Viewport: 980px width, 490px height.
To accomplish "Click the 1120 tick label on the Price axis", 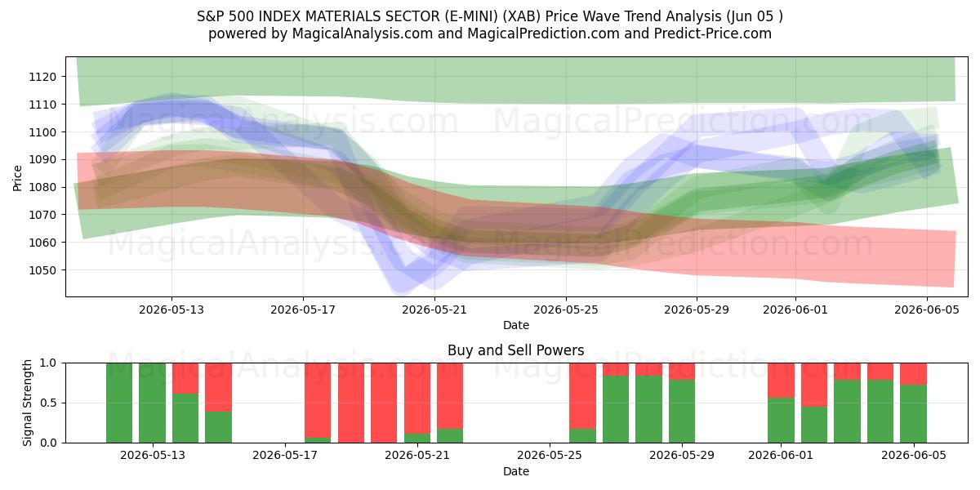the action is point(42,77).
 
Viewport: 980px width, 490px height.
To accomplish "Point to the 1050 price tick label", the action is point(42,270).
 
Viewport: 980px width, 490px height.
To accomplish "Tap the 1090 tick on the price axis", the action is point(42,160).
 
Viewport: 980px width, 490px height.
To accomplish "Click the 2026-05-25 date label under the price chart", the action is point(566,310).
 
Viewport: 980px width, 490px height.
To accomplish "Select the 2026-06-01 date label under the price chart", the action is point(795,310).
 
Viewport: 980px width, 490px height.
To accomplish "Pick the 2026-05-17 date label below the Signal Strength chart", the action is point(285,455).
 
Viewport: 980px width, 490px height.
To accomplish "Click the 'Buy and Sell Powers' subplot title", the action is point(516,350).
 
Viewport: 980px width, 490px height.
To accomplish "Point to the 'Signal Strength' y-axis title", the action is point(27,403).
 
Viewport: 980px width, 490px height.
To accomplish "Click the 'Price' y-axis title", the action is point(17,178).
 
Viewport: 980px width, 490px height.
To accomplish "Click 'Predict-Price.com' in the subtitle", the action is point(713,33).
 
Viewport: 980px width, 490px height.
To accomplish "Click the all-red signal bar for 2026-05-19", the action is point(351,403).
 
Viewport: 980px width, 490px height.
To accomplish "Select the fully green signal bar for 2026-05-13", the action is point(152,403).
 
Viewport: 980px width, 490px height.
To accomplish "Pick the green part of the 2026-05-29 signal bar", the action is point(682,412).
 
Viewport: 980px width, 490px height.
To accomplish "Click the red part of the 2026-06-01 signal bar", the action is point(781,381).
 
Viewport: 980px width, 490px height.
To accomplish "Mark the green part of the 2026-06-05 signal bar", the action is point(914,414).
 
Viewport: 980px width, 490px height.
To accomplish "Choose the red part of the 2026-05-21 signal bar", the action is point(417,399).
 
